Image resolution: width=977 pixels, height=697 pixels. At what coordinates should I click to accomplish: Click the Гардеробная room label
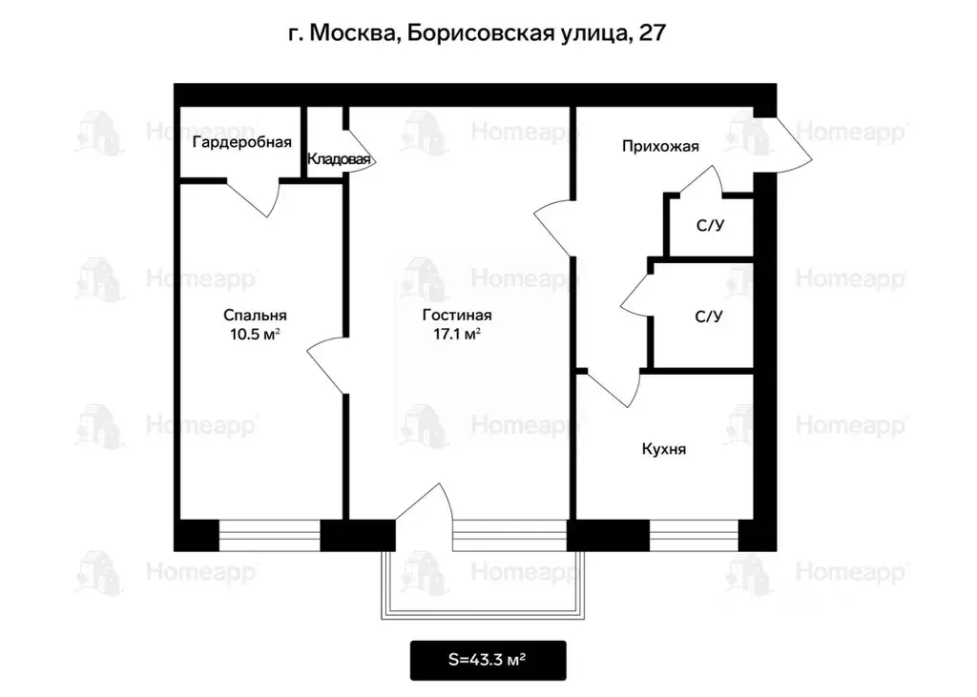[x=241, y=143]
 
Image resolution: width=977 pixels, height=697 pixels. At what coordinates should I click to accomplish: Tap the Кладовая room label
[x=339, y=160]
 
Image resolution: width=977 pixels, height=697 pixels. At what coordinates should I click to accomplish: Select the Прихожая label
[x=660, y=146]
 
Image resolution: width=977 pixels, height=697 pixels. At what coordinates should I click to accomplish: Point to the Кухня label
[x=664, y=449]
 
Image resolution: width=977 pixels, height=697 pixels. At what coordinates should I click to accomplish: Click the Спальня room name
[x=255, y=316]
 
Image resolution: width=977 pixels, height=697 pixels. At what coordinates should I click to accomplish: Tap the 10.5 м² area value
[x=255, y=334]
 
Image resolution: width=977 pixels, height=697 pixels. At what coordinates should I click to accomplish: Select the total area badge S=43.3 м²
[x=488, y=660]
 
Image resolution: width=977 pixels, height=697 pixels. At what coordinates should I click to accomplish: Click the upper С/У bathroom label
[x=708, y=226]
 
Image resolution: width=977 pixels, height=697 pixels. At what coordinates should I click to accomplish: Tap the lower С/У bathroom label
[x=708, y=316]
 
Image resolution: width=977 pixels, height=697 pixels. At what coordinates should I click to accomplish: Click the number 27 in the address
[x=652, y=33]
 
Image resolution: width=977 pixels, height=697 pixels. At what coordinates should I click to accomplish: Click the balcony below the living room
[x=481, y=584]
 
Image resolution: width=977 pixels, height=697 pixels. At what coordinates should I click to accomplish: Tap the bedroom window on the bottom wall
[x=269, y=535]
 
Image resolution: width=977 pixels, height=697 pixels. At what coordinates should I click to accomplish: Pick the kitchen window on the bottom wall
[x=694, y=535]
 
